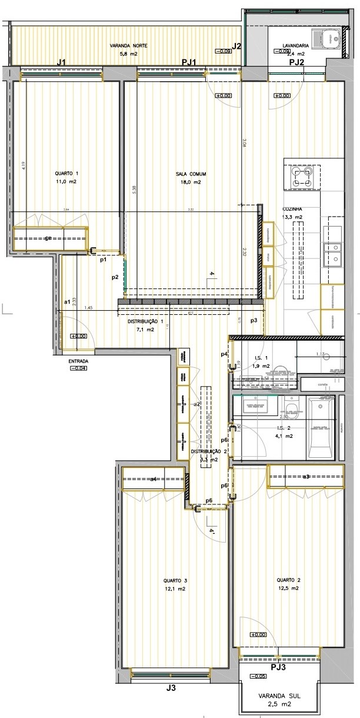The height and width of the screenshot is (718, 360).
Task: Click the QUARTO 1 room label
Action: click(x=66, y=174)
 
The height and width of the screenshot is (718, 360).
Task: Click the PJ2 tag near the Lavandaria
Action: click(x=296, y=62)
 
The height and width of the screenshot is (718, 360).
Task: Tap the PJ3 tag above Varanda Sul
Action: click(x=278, y=667)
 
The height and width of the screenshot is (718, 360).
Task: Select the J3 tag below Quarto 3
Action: click(x=171, y=687)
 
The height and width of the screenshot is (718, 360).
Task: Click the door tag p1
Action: click(x=102, y=259)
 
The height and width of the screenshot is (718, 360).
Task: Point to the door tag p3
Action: click(x=254, y=320)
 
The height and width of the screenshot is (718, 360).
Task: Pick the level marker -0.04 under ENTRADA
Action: click(x=78, y=368)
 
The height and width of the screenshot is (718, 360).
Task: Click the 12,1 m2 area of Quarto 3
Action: click(x=175, y=589)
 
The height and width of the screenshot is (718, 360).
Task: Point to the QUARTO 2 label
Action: click(x=289, y=580)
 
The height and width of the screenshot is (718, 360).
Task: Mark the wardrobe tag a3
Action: click(x=306, y=476)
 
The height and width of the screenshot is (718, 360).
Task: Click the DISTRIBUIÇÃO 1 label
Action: click(x=145, y=322)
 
